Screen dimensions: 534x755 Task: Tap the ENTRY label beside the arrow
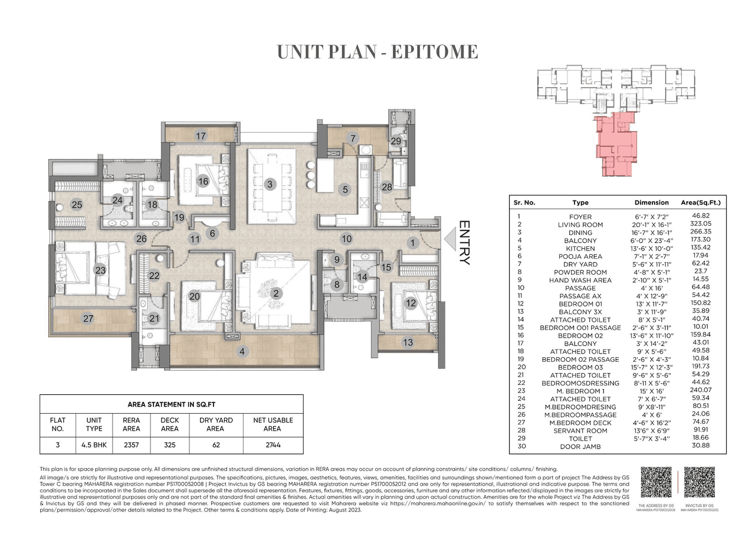pos(464,242)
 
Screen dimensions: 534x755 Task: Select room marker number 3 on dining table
pos(270,184)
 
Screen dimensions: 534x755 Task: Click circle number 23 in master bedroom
pos(100,271)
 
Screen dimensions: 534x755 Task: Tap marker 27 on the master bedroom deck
pos(88,319)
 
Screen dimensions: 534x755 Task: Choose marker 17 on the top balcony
pos(201,136)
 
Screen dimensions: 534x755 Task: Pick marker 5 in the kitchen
pos(345,190)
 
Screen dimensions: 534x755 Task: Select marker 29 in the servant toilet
pos(396,141)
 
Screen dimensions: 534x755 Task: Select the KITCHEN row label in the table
pos(580,248)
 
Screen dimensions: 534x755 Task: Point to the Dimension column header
pos(651,202)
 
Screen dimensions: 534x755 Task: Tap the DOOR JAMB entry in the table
pos(580,447)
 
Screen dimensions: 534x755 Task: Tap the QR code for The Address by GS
pos(656,483)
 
